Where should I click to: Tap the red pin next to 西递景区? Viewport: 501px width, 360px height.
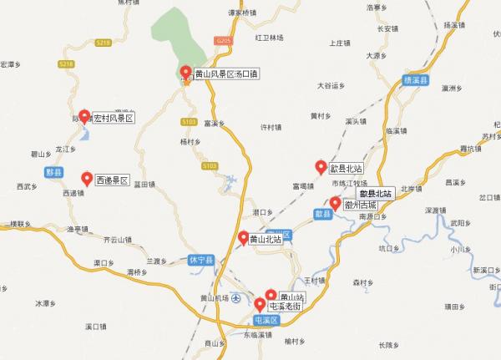(x=87, y=178)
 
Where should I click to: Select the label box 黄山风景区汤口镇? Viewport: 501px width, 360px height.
(x=226, y=74)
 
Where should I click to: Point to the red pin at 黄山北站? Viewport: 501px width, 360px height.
(x=244, y=238)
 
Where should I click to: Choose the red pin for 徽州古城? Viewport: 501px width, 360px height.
(x=336, y=203)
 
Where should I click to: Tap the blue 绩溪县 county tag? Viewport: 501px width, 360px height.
(x=416, y=80)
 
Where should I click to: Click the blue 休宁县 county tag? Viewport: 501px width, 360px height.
(x=202, y=260)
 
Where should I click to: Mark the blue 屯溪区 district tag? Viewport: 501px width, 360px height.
(x=266, y=321)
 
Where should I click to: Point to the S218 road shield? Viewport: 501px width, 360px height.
(x=68, y=64)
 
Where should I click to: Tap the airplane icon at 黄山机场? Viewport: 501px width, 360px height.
(x=236, y=298)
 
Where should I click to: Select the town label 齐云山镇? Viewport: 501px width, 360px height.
(x=118, y=240)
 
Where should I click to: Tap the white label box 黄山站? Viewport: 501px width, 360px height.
(x=291, y=297)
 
